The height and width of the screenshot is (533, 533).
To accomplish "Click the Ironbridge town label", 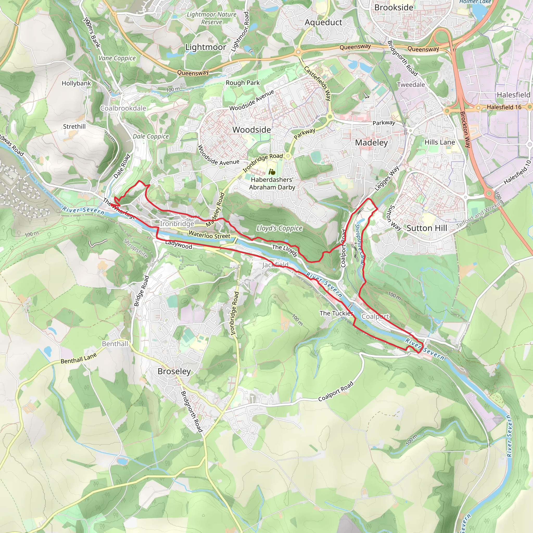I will (x=177, y=224).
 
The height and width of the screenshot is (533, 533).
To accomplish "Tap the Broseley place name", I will (x=174, y=371).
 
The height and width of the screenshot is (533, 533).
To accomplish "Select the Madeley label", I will (x=371, y=143).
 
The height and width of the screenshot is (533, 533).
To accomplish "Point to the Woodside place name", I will (x=251, y=130).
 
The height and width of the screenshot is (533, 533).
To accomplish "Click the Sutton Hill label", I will (x=427, y=228).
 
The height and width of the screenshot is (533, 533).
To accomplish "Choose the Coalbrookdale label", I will (x=123, y=108).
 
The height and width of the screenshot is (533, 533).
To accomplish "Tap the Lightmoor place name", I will (x=206, y=47).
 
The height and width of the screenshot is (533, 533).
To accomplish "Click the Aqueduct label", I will (x=323, y=22).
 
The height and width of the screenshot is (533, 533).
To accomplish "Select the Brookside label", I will (x=394, y=8).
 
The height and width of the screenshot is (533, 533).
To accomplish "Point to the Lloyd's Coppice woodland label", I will (x=279, y=228).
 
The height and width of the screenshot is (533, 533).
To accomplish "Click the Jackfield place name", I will (x=275, y=265).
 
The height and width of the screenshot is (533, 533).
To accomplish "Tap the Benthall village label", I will (x=115, y=344).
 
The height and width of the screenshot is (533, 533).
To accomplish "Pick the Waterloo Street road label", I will (x=209, y=235).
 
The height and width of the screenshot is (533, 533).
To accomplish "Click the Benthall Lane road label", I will (x=79, y=358).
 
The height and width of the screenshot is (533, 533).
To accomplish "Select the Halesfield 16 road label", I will (x=504, y=107).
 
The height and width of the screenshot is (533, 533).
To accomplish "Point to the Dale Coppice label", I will (x=151, y=136).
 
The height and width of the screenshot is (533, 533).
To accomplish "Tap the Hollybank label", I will (x=76, y=83).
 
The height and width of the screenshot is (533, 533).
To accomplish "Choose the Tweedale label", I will (x=411, y=85).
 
